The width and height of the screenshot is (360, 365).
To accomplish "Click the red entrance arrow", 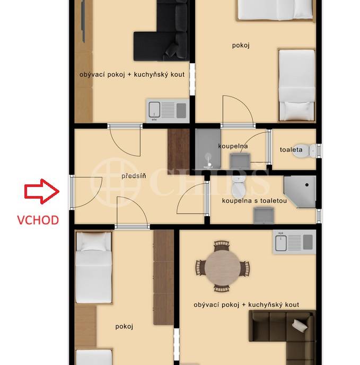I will click(42, 192).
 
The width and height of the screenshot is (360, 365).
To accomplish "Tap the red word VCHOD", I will click(38, 220).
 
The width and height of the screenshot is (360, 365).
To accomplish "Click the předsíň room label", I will click(134, 176).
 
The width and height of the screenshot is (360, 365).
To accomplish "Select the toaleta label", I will click(291, 150).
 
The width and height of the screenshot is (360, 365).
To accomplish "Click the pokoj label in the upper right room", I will click(241, 46).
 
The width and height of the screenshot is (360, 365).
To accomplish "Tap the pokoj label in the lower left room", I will click(124, 326).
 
